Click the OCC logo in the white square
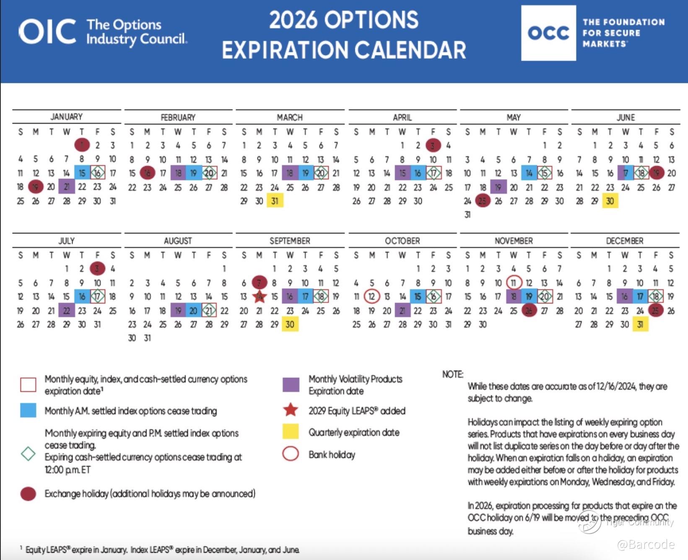[548, 33]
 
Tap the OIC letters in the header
[47, 32]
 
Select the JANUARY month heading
[67, 117]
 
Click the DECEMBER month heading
[624, 241]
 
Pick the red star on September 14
[260, 297]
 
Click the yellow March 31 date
[275, 201]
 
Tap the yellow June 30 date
[610, 201]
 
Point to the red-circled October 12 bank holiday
[371, 297]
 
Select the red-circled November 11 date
[514, 283]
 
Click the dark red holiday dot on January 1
[82, 145]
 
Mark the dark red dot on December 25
[655, 310]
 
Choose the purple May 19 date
[498, 187]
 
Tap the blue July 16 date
[82, 297]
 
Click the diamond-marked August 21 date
[209, 310]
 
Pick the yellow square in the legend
[291, 432]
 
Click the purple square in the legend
[291, 385]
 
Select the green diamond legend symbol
[28, 453]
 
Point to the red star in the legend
[291, 410]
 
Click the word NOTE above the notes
[452, 374]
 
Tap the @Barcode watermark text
[646, 544]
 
